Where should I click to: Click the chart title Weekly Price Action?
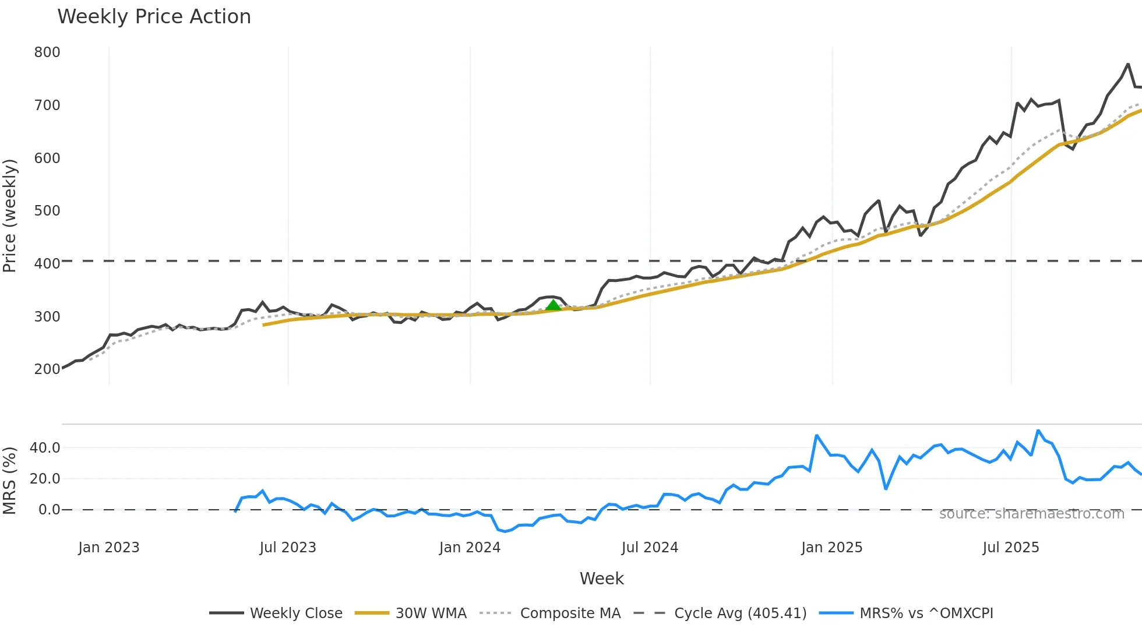(154, 17)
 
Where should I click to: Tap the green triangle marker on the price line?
(553, 305)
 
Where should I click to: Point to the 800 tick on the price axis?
(47, 52)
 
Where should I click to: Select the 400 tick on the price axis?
(47, 264)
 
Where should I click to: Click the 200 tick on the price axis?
(47, 369)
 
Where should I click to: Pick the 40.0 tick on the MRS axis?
(45, 448)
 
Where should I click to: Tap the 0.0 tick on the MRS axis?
(49, 510)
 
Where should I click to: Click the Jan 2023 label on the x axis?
(109, 548)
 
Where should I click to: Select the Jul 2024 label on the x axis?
(650, 548)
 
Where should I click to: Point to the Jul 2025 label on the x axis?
(1010, 548)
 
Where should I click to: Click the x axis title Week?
(601, 578)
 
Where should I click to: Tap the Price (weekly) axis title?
(10, 216)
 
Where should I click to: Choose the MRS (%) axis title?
(10, 481)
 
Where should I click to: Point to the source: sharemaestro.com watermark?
(1031, 514)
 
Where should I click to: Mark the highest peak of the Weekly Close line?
(1128, 64)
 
